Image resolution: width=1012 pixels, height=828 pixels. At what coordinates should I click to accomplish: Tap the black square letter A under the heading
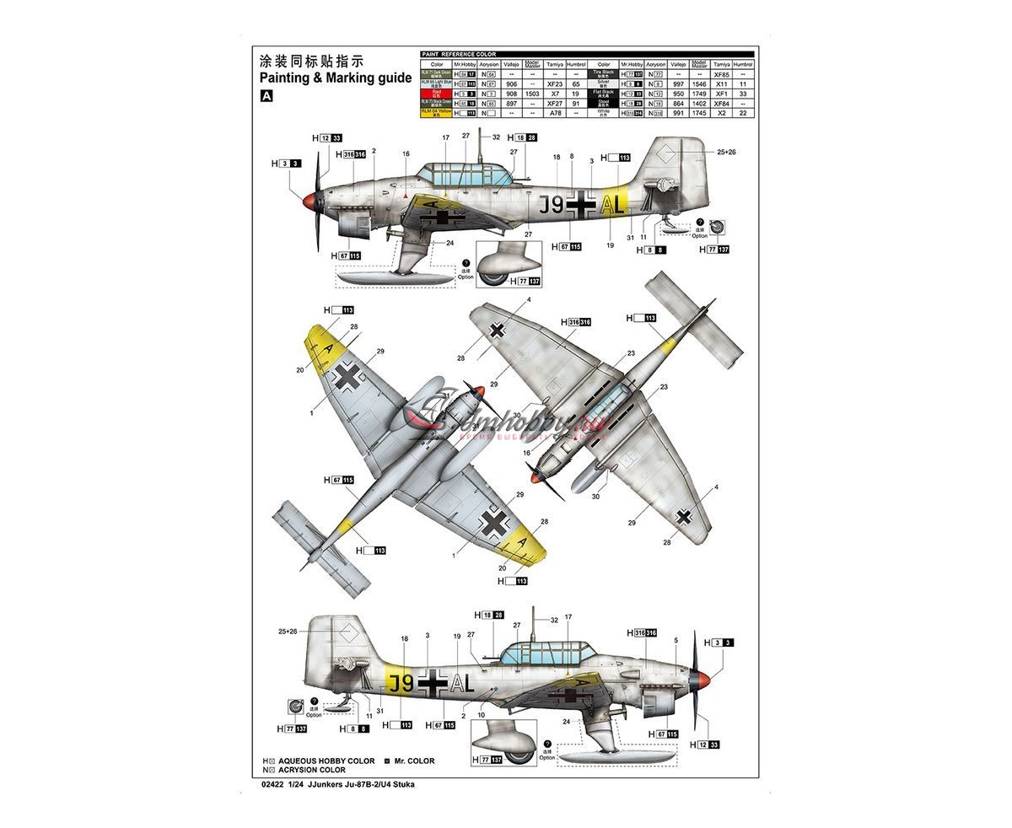267,96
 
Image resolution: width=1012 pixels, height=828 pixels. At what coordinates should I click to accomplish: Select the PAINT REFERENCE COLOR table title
459,55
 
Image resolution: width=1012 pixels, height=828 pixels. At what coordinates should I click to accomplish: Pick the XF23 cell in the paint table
554,84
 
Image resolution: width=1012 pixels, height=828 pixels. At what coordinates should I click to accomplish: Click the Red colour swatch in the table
437,94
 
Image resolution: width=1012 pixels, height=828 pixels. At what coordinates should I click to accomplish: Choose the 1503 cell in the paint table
532,94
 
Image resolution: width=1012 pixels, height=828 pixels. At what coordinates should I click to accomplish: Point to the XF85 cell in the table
721,75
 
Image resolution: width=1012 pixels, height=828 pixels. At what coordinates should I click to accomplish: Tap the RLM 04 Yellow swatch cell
437,112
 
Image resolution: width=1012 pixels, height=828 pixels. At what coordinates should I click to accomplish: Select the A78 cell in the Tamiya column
554,112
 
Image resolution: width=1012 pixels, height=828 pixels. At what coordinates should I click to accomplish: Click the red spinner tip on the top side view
309,201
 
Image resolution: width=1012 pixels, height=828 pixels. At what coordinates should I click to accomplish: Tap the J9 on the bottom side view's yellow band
400,682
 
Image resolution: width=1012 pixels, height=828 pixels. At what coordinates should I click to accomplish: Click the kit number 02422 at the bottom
274,784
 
